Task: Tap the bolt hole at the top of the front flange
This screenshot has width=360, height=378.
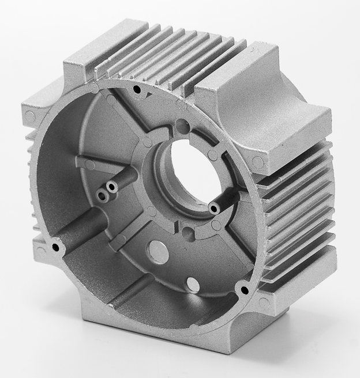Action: (x=137, y=89)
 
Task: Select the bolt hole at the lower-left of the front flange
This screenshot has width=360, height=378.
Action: (x=55, y=247)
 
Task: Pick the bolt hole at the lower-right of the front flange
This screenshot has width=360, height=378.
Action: (x=243, y=289)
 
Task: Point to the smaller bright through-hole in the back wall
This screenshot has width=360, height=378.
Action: (x=192, y=285)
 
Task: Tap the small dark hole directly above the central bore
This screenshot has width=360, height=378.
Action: (x=182, y=124)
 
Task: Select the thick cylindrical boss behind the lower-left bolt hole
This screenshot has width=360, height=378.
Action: (x=81, y=228)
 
